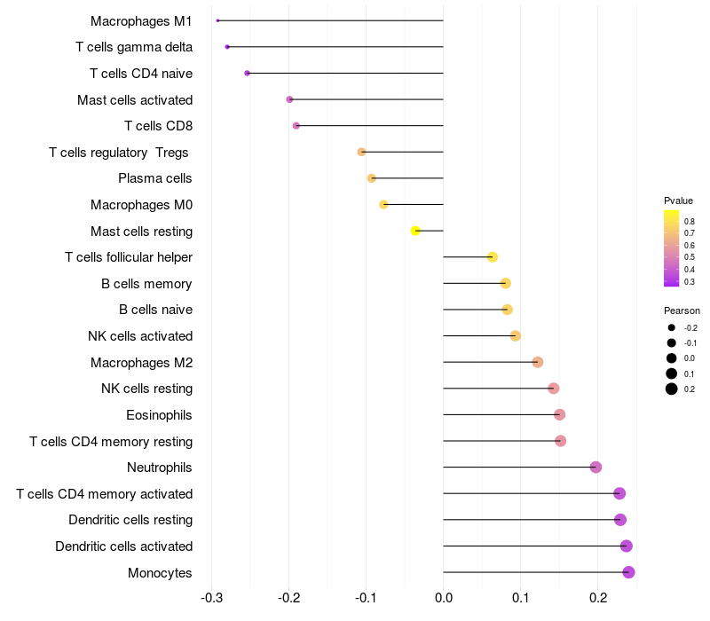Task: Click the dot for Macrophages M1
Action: pos(217,20)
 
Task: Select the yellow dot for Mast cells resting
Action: pos(415,231)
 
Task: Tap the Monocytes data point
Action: pos(628,572)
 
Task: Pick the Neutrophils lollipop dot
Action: pos(596,468)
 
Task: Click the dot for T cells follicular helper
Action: pos(493,257)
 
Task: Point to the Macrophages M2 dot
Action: pos(538,362)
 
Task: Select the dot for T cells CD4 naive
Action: pos(248,74)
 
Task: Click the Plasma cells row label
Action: pos(154,178)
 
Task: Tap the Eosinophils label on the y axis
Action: pos(159,415)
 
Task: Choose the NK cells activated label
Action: pos(140,336)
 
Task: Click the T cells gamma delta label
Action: pos(134,47)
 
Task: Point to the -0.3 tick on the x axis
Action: pos(211,598)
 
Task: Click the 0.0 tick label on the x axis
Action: pos(443,598)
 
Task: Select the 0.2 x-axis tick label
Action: pos(597,598)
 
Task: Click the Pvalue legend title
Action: pos(678,200)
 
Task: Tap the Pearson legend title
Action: pos(682,310)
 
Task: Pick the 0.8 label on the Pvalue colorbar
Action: pos(690,221)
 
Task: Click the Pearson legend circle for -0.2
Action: pos(671,327)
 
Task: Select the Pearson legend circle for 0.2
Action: pos(671,389)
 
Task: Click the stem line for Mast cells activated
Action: pos(367,99)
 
